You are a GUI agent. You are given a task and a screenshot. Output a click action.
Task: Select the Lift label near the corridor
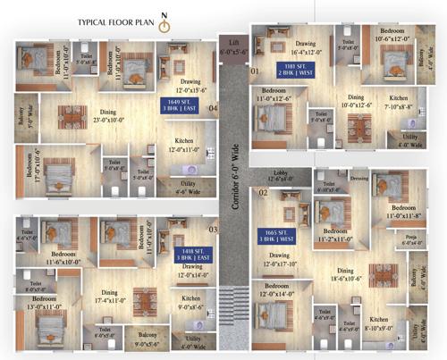point(234,46)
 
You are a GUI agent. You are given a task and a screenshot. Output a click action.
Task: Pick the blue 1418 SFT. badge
point(190,255)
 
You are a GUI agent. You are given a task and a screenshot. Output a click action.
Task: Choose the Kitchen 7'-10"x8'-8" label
point(399,102)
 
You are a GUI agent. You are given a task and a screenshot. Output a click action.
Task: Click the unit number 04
point(213,109)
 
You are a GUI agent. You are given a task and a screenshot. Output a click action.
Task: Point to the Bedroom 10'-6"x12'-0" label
point(392,35)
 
